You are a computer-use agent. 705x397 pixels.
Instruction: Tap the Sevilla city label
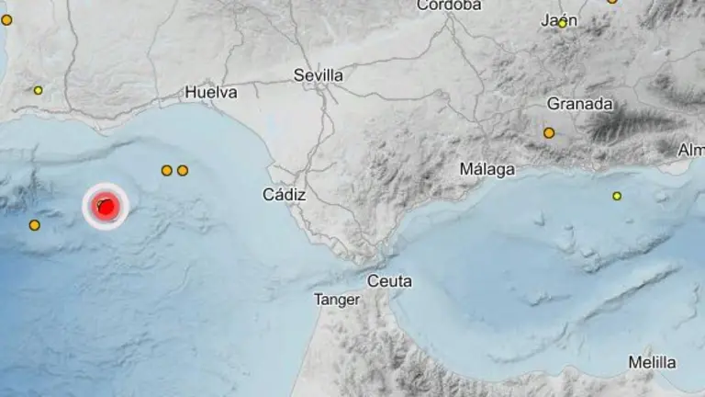[319, 75]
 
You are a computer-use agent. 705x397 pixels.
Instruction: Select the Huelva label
[210, 92]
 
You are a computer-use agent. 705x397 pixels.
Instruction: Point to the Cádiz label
[284, 194]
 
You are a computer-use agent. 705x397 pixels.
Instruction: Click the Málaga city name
[487, 169]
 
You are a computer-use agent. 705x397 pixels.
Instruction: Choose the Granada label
[579, 104]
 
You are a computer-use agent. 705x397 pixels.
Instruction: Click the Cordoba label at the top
[449, 6]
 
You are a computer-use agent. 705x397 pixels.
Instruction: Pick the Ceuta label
[388, 280]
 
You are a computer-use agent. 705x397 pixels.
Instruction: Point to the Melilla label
[652, 362]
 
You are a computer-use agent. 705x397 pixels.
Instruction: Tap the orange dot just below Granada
[549, 132]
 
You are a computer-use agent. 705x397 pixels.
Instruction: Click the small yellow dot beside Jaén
[563, 24]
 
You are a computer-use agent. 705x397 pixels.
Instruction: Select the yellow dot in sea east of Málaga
[617, 196]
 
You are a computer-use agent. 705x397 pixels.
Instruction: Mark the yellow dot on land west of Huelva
[39, 90]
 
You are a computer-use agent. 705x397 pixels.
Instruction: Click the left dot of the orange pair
[166, 170]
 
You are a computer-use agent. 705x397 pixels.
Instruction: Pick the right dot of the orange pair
[183, 170]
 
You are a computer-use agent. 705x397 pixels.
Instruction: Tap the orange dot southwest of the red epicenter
[34, 225]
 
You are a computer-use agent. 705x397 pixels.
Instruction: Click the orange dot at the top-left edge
[6, 19]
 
